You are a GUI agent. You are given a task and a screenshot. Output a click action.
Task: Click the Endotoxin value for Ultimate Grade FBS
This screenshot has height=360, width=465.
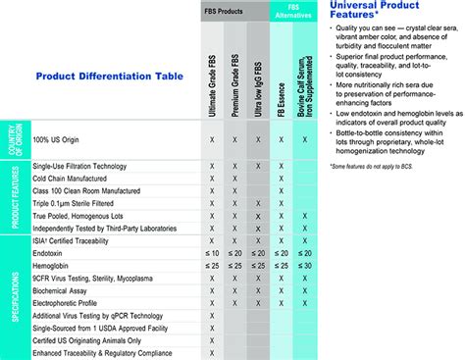pos(212,251)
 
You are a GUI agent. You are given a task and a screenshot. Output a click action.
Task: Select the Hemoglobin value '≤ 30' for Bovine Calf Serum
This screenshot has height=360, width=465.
pos(304,265)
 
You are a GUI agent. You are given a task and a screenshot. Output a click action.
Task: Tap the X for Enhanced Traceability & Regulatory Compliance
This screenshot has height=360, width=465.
pos(212,352)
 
